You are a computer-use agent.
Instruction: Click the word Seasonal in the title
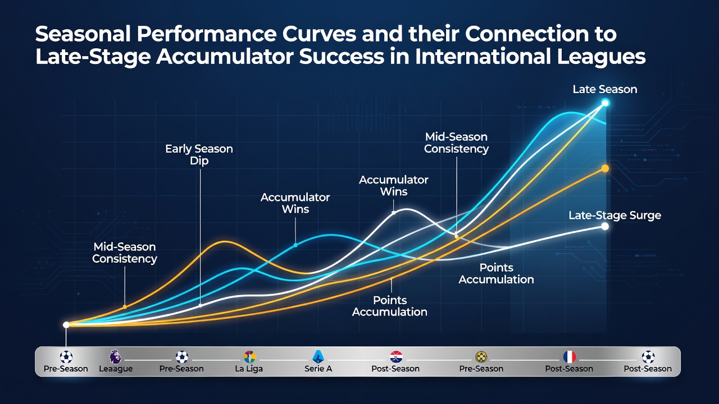[x=83, y=34]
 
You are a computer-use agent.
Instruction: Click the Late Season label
[x=605, y=89]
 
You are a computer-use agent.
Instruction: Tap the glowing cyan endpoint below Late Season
[x=605, y=103]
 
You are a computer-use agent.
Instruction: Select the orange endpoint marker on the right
[x=605, y=169]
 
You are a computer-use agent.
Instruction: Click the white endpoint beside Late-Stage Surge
[x=605, y=226]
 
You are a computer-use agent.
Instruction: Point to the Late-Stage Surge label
[x=615, y=215]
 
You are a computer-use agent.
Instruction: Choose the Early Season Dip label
[x=199, y=154]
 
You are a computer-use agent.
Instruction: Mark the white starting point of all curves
[x=66, y=325]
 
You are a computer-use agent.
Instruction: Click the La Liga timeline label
[x=249, y=369]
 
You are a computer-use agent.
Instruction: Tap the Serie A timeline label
[x=318, y=369]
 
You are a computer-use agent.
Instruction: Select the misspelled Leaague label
[x=116, y=369]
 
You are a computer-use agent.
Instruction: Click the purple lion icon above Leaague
[x=115, y=357]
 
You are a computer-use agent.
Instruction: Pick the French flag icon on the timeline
[x=570, y=357]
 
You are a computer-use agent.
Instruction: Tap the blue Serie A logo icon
[x=318, y=356]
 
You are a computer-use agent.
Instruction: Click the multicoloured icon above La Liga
[x=249, y=357]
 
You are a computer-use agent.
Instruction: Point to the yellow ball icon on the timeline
[x=481, y=357]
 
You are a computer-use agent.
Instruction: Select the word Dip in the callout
[x=199, y=160]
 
